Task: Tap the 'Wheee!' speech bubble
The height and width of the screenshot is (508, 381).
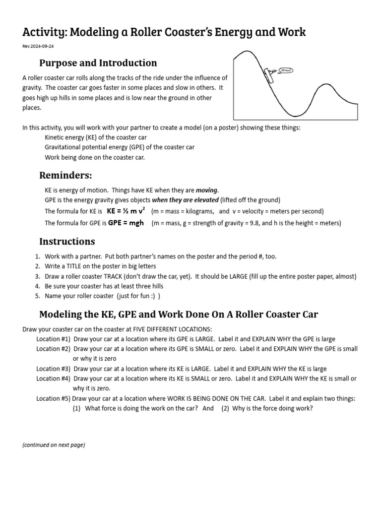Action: click(x=286, y=70)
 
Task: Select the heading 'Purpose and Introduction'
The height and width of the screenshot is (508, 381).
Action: click(x=98, y=63)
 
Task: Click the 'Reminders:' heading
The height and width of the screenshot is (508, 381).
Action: click(x=65, y=176)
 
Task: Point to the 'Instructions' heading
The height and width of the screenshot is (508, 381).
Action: click(x=67, y=242)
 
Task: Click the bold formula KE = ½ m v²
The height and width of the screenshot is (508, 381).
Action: click(x=126, y=210)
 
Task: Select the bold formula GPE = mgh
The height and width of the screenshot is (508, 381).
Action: click(x=126, y=223)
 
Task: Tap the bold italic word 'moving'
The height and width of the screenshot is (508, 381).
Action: click(x=207, y=190)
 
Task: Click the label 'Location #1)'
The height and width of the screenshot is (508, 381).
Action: click(x=54, y=339)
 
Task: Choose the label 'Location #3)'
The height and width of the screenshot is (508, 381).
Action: click(x=54, y=369)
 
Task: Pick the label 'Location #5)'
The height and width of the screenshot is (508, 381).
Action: click(x=54, y=398)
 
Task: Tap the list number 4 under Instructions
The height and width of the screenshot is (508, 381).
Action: click(x=37, y=286)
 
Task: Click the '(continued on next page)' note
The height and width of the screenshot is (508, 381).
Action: click(x=54, y=445)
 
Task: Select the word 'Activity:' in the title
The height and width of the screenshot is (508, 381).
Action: click(x=44, y=32)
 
